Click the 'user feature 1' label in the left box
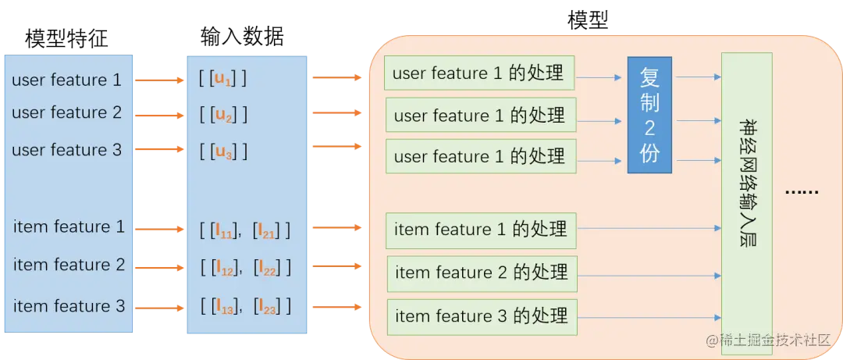pyautogui.click(x=67, y=80)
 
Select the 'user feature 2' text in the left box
pyautogui.click(x=67, y=112)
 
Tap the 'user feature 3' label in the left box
pyautogui.click(x=67, y=150)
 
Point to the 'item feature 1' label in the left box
pyautogui.click(x=69, y=227)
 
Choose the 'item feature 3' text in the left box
pyautogui.click(x=69, y=306)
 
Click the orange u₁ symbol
pyautogui.click(x=223, y=79)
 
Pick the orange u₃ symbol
pyautogui.click(x=224, y=151)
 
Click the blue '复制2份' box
pyautogui.click(x=649, y=115)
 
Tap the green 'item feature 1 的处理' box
pyautogui.click(x=481, y=230)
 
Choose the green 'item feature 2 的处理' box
pyautogui.click(x=482, y=273)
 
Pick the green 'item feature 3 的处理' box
pyautogui.click(x=482, y=317)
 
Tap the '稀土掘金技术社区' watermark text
pyautogui.click(x=773, y=340)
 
